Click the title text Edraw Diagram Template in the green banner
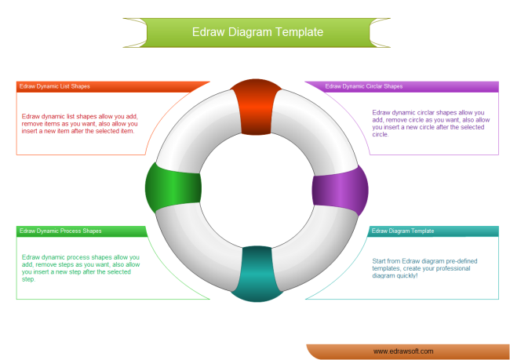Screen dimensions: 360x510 [257, 32]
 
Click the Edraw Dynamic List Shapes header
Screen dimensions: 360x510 [53, 86]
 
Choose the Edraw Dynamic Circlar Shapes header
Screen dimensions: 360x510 [363, 86]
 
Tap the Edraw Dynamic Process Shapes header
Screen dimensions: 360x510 [60, 231]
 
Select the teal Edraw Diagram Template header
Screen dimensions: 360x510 [403, 231]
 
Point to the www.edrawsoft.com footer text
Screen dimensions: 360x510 [403, 351]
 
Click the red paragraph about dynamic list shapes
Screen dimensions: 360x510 [79, 123]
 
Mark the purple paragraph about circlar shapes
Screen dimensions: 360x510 [428, 123]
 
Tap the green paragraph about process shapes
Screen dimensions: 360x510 [81, 267]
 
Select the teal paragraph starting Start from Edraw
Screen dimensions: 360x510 [424, 267]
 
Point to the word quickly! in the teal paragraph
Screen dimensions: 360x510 [407, 275]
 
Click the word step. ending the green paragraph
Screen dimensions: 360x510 [29, 279]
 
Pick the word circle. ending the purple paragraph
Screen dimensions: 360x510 [381, 134]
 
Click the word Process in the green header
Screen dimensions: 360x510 [70, 231]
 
